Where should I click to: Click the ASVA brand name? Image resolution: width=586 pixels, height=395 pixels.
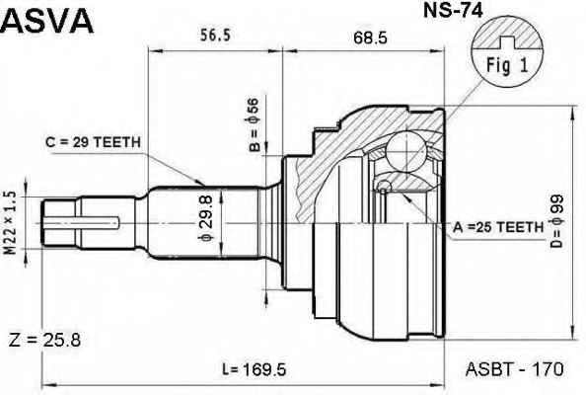[47, 21]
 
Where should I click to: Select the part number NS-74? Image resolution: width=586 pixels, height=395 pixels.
[453, 11]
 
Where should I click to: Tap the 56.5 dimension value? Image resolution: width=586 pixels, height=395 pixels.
[216, 36]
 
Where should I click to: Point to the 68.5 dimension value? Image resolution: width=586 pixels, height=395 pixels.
[370, 38]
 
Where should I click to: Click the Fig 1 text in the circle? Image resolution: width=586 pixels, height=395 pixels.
[507, 65]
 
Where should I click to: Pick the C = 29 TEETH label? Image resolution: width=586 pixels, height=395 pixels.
[93, 142]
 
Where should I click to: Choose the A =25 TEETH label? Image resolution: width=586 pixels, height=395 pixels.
[498, 227]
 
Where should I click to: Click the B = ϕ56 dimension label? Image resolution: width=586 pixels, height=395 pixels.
[254, 124]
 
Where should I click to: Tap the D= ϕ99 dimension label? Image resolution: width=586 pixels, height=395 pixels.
[556, 221]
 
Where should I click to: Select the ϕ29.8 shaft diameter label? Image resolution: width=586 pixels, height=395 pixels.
[206, 218]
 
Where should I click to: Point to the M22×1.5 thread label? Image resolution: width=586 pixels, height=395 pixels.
[11, 222]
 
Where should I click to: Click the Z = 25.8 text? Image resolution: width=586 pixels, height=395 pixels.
[44, 341]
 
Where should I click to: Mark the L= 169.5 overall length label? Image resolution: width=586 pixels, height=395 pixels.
[254, 370]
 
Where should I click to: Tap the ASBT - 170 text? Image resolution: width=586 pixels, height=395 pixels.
[514, 369]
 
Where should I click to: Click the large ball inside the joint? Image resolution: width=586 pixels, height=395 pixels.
[405, 151]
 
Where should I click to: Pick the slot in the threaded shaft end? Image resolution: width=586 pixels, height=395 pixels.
[82, 223]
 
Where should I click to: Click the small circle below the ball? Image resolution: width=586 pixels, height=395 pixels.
[383, 186]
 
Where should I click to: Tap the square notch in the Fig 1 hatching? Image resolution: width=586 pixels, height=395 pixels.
[507, 43]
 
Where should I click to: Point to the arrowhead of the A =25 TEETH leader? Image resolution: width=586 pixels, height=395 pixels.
[405, 197]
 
